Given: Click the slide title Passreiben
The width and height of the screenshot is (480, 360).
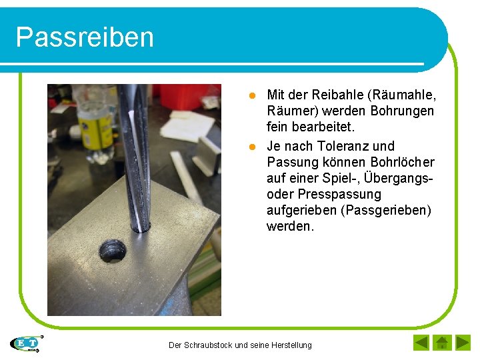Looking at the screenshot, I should click(x=85, y=37).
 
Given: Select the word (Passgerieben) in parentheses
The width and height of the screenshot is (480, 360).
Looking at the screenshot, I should click(x=386, y=211).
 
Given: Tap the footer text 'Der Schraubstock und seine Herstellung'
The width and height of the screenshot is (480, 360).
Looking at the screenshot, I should click(x=240, y=345).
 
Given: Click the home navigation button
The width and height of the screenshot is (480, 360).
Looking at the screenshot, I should click(x=441, y=343).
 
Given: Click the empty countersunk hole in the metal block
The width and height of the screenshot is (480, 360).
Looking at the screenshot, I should click(x=113, y=251).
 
